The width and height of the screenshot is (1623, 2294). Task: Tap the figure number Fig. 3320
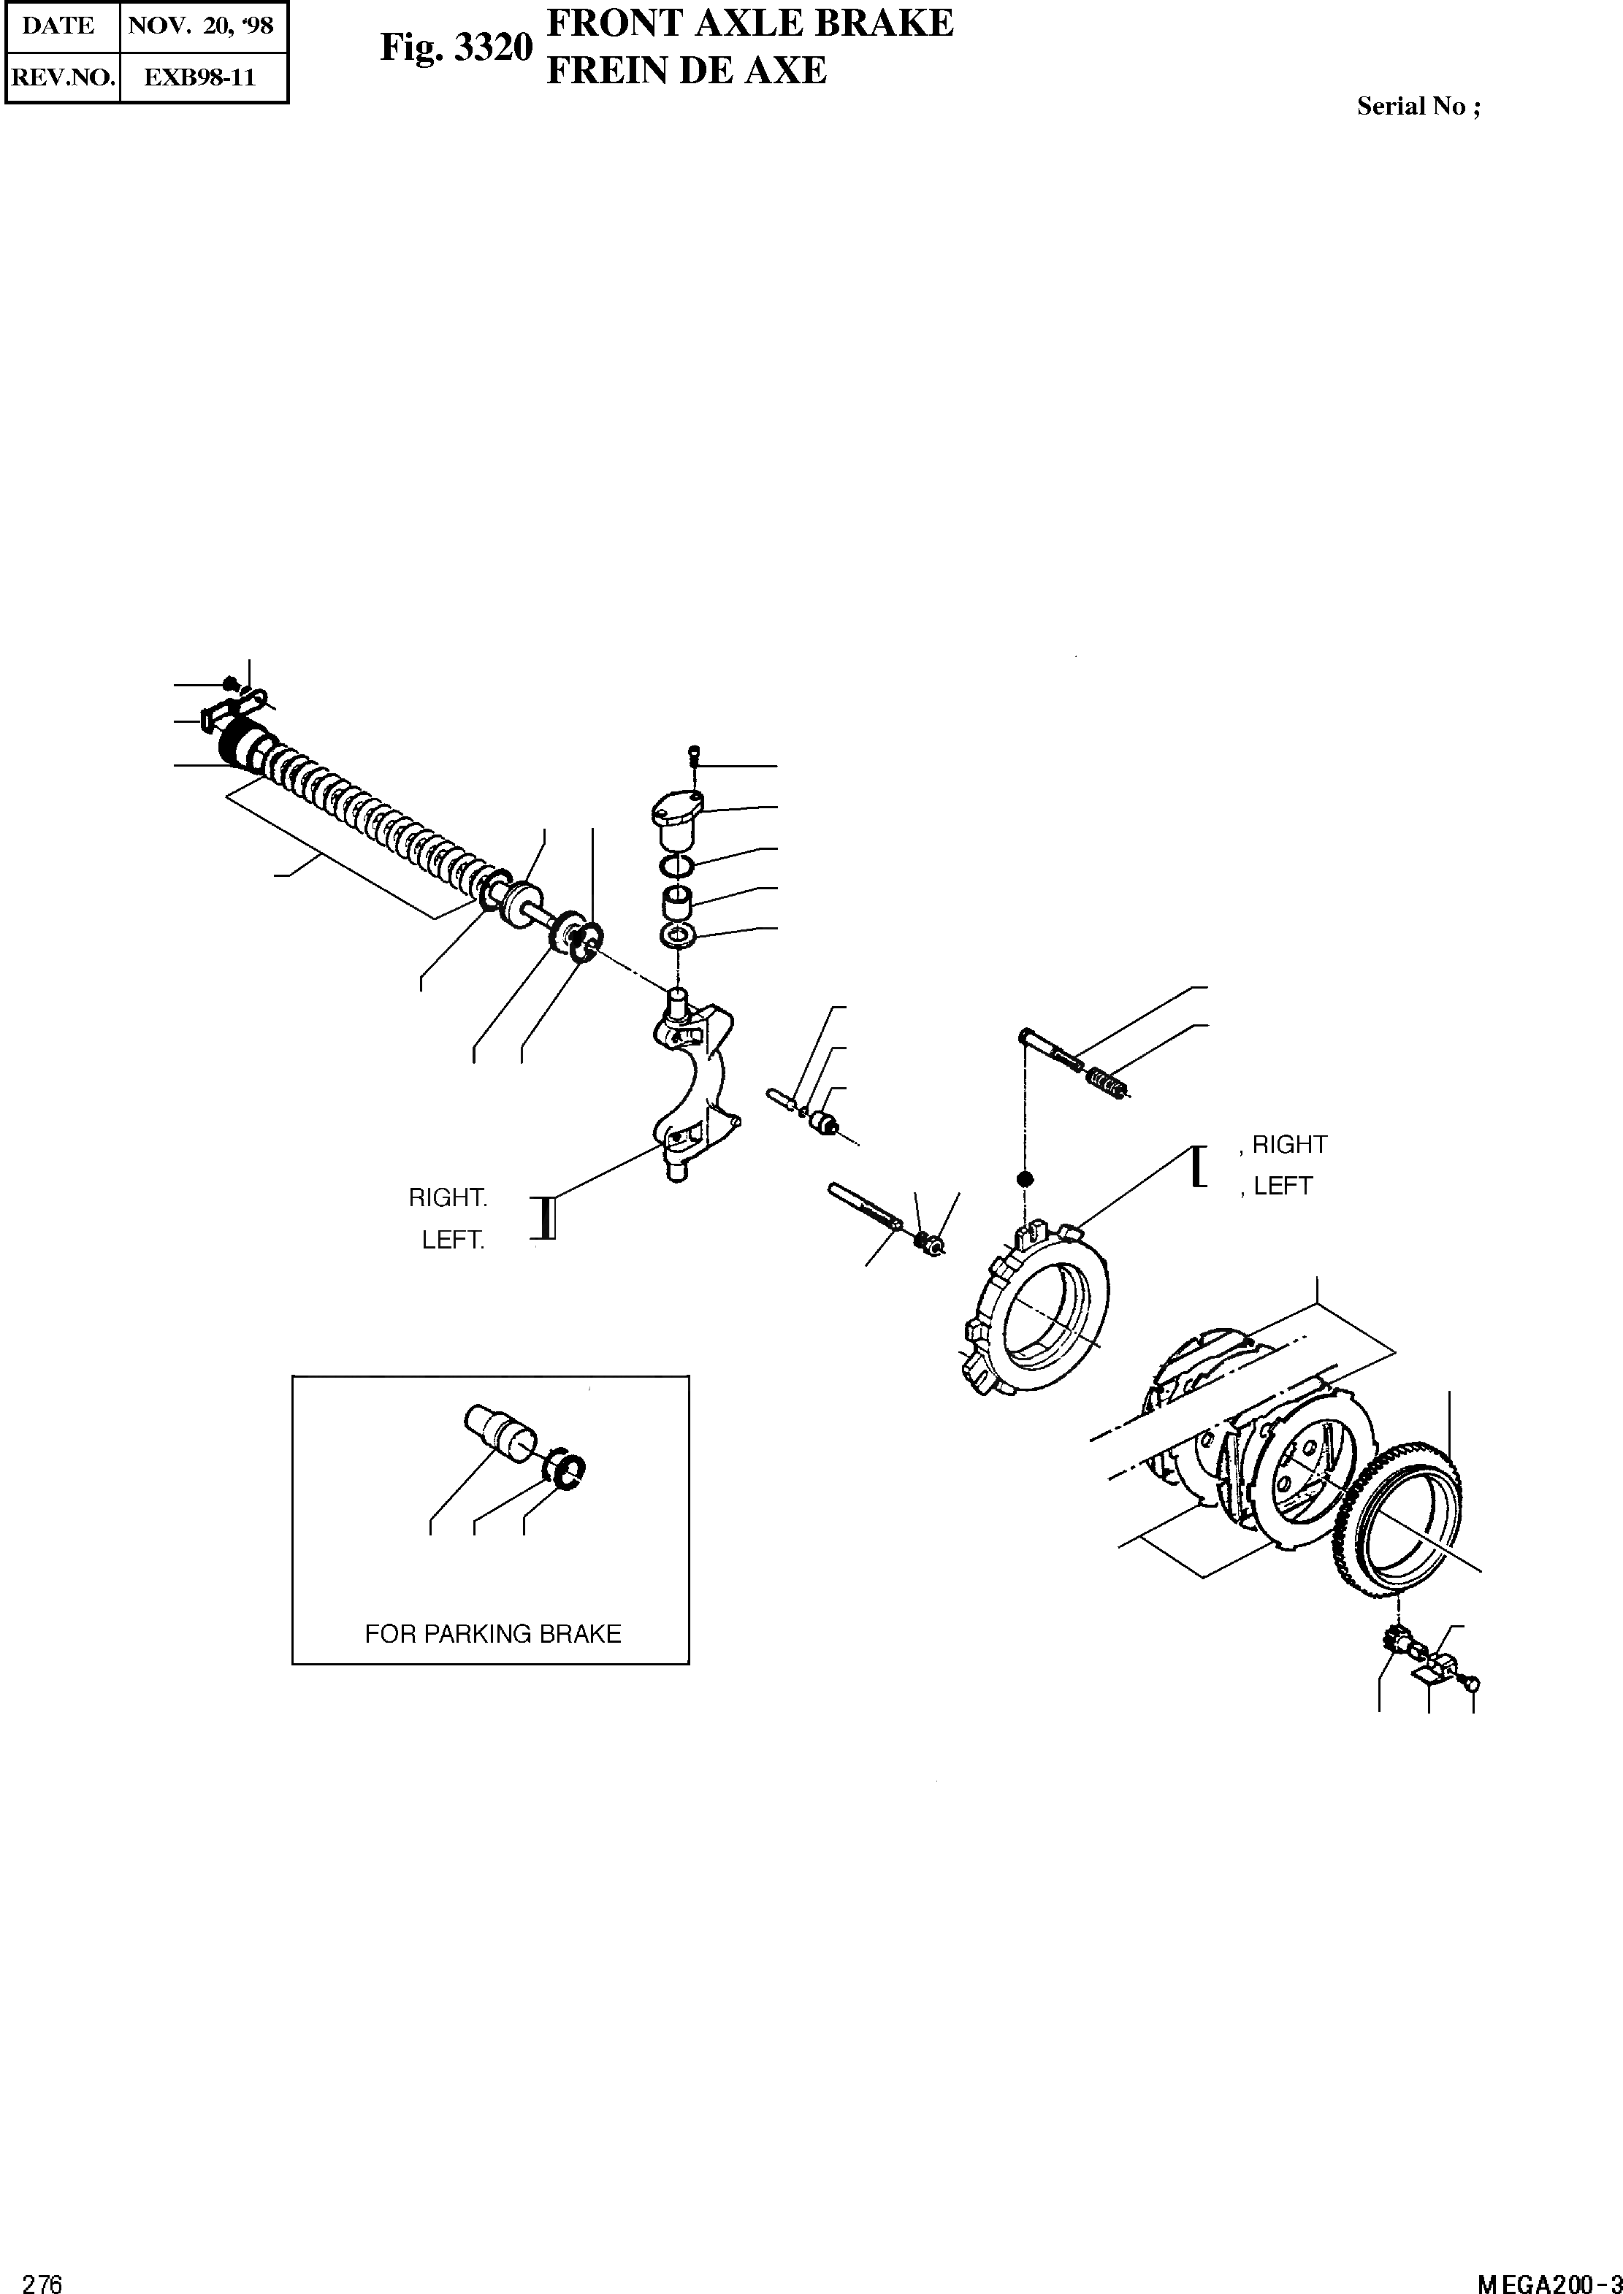click(456, 47)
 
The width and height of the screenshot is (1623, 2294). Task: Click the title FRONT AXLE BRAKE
click(749, 23)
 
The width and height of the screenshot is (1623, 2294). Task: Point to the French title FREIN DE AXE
click(687, 70)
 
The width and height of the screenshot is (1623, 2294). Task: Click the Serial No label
click(1417, 107)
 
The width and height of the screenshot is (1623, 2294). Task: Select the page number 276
click(42, 2276)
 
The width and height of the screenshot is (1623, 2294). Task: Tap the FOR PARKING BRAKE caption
click(493, 1633)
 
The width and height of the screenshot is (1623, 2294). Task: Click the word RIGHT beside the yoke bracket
click(448, 1197)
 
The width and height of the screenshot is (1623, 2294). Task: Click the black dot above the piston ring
click(1024, 1179)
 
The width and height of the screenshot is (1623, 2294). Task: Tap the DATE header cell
click(59, 26)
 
